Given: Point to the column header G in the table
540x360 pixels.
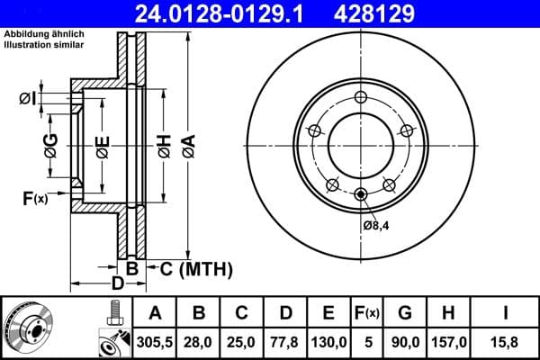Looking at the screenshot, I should (x=406, y=313).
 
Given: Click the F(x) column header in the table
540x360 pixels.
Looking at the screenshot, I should (x=368, y=313).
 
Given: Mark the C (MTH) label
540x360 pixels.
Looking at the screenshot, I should (x=195, y=268).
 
